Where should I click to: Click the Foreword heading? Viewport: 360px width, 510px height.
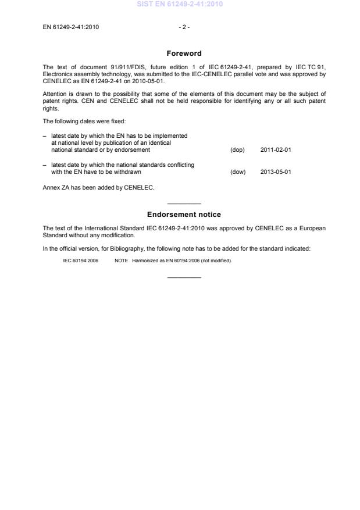[x=184, y=54]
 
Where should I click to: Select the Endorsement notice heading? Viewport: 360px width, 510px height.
[x=184, y=215]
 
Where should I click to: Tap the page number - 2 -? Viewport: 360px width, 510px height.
[x=184, y=27]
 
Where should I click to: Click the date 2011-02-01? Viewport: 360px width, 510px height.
[x=276, y=150]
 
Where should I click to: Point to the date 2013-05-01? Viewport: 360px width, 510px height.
[x=276, y=172]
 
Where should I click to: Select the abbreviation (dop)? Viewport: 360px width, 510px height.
[x=237, y=150]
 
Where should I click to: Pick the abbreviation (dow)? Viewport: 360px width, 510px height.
[x=238, y=172]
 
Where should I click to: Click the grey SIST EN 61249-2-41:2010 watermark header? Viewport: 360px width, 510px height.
[x=180, y=4]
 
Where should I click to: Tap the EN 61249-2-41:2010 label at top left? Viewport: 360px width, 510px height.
[x=71, y=27]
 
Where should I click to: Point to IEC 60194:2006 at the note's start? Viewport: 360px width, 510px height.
[x=80, y=261]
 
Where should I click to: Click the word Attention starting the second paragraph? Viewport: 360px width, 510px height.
[x=55, y=94]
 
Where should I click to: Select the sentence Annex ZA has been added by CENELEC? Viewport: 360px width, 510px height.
[x=98, y=187]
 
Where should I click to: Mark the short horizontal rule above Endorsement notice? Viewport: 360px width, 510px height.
[x=184, y=204]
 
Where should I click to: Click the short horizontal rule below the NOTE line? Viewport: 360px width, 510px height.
[x=184, y=277]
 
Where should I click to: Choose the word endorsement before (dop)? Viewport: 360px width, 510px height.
[x=131, y=150]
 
